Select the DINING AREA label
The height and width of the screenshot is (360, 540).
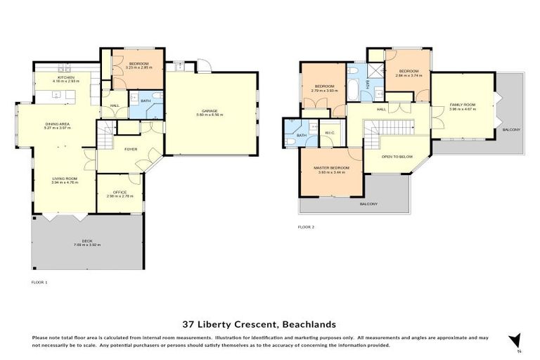pyautogui.click(x=63, y=124)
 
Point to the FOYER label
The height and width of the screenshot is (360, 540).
pyautogui.click(x=131, y=149)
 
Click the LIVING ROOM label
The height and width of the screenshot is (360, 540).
pyautogui.click(x=64, y=179)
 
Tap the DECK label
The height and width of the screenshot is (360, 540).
pyautogui.click(x=87, y=241)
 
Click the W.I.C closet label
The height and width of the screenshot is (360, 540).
pyautogui.click(x=329, y=134)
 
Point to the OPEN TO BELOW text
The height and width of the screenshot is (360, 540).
pyautogui.click(x=397, y=157)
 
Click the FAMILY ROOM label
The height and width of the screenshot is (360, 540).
pyautogui.click(x=463, y=105)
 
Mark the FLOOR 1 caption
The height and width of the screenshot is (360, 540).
pyautogui.click(x=40, y=282)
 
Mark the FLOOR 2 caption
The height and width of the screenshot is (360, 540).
pyautogui.click(x=306, y=227)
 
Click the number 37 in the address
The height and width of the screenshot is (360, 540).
pyautogui.click(x=188, y=324)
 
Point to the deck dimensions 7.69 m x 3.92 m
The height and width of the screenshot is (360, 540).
pyautogui.click(x=87, y=245)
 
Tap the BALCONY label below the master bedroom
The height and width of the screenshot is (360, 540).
pyautogui.click(x=368, y=204)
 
